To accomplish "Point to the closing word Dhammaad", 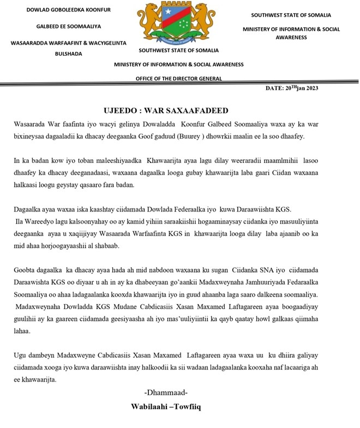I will coord(166,393).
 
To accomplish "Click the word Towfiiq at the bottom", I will coord(188,407).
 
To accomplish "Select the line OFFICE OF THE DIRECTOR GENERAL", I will coord(178,79).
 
